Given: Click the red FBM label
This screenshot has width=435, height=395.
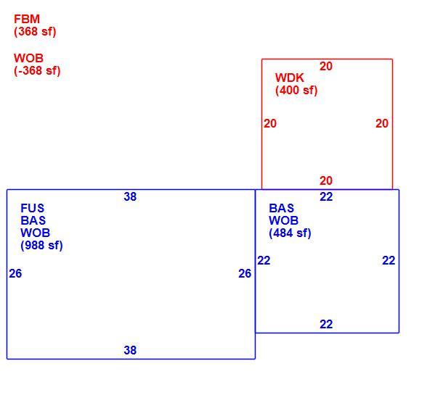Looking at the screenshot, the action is pos(27,19).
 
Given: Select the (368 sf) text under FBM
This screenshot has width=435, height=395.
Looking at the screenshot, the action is pos(35,31).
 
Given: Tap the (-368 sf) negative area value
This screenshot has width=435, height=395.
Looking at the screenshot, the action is pos(37,70).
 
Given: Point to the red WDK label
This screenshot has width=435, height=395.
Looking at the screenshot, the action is pos(289,78).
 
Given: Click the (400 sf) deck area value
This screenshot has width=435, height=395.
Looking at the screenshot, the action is pos(296,91).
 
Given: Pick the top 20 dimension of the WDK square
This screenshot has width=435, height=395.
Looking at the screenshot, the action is pos(326,67).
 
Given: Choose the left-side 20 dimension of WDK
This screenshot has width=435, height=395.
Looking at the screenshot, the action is pos(270,124).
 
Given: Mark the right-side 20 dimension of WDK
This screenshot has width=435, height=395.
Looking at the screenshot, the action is pos(382,124).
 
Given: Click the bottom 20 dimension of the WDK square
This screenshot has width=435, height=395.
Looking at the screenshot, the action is pos(326,181).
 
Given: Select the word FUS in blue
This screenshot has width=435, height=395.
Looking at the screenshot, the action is pos(33,208).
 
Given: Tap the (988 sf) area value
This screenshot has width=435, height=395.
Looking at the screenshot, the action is pos(41,246).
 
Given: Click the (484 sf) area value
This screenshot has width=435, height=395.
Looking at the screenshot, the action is pos(290,233).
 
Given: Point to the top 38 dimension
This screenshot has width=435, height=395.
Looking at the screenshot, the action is pos(130,197).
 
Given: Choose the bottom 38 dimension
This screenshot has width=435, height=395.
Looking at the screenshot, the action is pos(130,350).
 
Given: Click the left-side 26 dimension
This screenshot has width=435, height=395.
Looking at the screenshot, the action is pos(15,274).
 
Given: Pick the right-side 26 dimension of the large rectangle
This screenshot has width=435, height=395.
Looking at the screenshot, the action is pos(245,274).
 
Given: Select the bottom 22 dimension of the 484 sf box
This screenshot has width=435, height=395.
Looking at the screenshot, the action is pos(326,325).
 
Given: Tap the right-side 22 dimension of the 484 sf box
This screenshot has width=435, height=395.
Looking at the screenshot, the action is pos(389,261).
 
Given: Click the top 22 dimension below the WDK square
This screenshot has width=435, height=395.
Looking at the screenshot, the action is pos(326,197).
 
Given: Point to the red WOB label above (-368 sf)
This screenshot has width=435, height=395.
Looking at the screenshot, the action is pos(28,59).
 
